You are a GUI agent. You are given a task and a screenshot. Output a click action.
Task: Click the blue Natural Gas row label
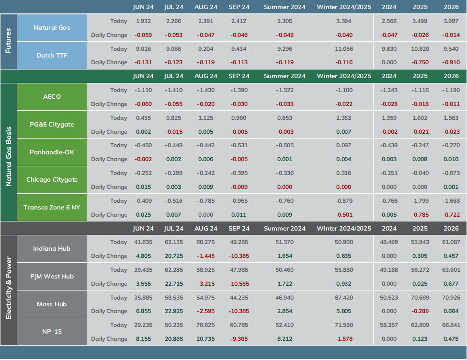(52, 28)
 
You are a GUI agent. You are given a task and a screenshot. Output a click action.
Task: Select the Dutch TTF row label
(52, 56)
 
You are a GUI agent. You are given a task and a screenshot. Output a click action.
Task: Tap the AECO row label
(52, 96)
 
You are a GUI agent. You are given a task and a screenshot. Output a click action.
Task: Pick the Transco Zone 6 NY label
(52, 208)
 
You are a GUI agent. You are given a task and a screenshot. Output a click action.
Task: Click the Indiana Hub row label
(52, 248)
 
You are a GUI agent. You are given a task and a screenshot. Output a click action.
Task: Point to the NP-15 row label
(52, 331)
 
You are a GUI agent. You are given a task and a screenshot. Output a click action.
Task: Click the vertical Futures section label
(8, 41)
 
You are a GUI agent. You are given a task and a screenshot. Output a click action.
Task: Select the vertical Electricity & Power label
(8, 288)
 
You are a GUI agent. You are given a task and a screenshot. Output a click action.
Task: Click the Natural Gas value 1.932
(144, 21)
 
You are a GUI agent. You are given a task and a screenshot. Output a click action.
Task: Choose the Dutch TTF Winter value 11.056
(344, 49)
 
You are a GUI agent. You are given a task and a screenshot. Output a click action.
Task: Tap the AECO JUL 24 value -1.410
(174, 90)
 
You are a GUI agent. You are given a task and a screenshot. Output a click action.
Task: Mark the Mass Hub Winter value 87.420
(344, 297)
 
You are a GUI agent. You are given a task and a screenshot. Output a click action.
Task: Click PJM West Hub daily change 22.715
(174, 284)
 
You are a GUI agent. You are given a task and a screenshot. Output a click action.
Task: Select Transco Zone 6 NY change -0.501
(344, 215)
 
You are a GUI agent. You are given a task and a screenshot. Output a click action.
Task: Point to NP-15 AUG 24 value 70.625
(206, 325)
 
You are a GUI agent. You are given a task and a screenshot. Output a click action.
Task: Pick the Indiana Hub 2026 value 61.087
(451, 242)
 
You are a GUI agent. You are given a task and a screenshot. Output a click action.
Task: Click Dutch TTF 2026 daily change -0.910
(451, 62)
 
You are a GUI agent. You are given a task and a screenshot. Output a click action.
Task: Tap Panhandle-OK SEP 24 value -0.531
(239, 145)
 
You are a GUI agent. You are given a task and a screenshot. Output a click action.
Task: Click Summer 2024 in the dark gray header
(285, 229)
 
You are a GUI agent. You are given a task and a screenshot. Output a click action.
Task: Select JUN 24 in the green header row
(143, 76)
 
